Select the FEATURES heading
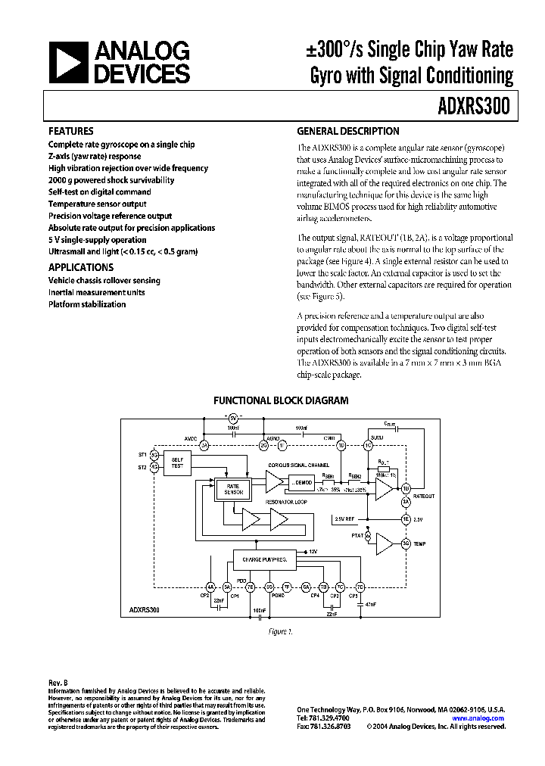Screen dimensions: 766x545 pyautogui.click(x=71, y=131)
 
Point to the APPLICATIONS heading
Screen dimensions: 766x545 pyautogui.click(x=81, y=267)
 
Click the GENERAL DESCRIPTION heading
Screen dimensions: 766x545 pyautogui.click(x=347, y=131)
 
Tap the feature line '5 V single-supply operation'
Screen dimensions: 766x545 pyautogui.click(x=98, y=239)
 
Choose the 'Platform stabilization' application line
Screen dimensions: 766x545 pyautogui.click(x=87, y=304)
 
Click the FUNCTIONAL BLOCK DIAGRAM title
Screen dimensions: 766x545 pyautogui.click(x=281, y=400)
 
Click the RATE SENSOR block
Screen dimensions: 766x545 pyautogui.click(x=232, y=488)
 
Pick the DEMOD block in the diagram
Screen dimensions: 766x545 pyautogui.click(x=301, y=481)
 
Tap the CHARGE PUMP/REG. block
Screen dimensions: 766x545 pyautogui.click(x=263, y=559)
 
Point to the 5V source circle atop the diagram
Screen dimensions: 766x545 pyautogui.click(x=233, y=419)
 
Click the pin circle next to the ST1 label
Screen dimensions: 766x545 pyautogui.click(x=154, y=454)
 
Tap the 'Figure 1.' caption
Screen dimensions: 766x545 pyautogui.click(x=280, y=631)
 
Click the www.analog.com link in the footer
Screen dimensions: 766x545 pyautogui.click(x=483, y=718)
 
